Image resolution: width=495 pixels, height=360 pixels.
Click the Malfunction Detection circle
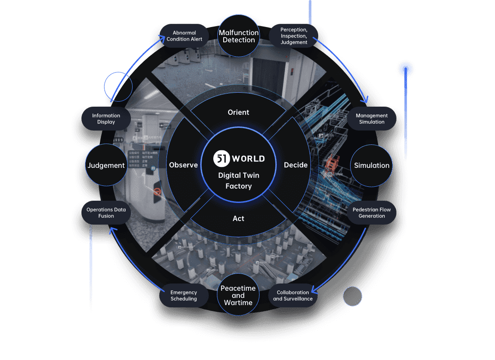click(x=238, y=36)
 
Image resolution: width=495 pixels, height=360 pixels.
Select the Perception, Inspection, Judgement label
click(x=293, y=36)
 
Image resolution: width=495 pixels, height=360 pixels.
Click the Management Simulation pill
click(x=372, y=119)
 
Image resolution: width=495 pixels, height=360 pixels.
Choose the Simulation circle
click(x=372, y=165)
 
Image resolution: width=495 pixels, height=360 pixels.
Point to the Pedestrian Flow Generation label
click(x=372, y=213)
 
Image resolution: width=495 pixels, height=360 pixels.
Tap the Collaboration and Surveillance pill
click(x=292, y=296)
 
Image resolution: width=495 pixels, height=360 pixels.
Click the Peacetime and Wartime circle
click(x=238, y=295)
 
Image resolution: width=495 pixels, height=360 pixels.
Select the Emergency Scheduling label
click(x=184, y=296)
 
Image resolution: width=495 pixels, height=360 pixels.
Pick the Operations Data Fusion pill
click(x=106, y=213)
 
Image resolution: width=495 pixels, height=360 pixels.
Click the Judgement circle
click(x=106, y=165)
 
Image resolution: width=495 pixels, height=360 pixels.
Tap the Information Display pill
click(x=106, y=119)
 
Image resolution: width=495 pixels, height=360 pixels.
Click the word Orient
click(x=238, y=112)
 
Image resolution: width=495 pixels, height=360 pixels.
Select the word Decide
click(x=296, y=165)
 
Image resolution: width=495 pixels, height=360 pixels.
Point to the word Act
click(x=238, y=218)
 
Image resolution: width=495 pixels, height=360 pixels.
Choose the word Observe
click(x=183, y=165)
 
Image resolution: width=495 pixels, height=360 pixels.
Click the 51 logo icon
click(x=221, y=158)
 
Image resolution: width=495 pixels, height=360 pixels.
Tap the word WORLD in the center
click(x=248, y=158)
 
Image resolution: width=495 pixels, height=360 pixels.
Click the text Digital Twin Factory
click(x=238, y=180)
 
